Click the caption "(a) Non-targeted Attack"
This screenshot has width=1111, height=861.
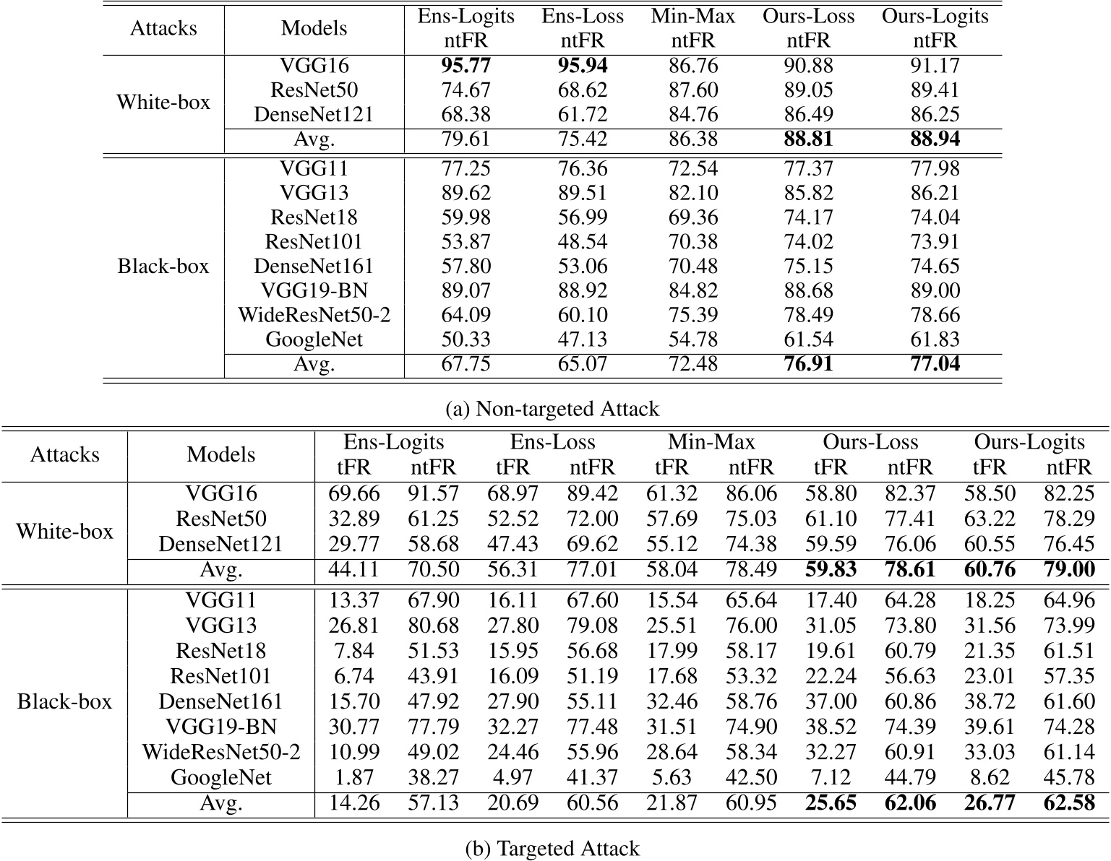pos(553,409)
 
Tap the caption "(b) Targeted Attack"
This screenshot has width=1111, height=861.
pos(553,847)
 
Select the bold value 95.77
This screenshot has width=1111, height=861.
pos(466,66)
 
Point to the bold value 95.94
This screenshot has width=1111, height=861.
pos(583,66)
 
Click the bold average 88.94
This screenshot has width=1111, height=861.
pos(935,139)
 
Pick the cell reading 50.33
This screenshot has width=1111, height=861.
pos(466,339)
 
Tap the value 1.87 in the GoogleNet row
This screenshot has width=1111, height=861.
pos(353,777)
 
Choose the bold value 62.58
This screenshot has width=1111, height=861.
pos(1068,802)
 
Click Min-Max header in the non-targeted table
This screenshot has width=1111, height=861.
pos(692,16)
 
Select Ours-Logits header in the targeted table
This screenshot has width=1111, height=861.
pos(1029,442)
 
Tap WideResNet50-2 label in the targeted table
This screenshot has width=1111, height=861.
pos(221,752)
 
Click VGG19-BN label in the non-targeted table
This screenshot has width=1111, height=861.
pos(314,290)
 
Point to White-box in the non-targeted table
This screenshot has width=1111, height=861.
pos(163,102)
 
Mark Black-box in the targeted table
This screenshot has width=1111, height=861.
pos(64,701)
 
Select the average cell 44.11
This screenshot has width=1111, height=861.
pos(353,570)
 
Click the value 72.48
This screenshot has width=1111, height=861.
pos(692,363)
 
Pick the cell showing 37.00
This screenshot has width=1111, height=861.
pos(831,701)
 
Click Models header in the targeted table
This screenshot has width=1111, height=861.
pos(221,454)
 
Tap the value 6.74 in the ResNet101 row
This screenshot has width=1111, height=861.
pos(353,676)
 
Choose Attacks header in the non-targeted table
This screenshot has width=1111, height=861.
pos(163,28)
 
